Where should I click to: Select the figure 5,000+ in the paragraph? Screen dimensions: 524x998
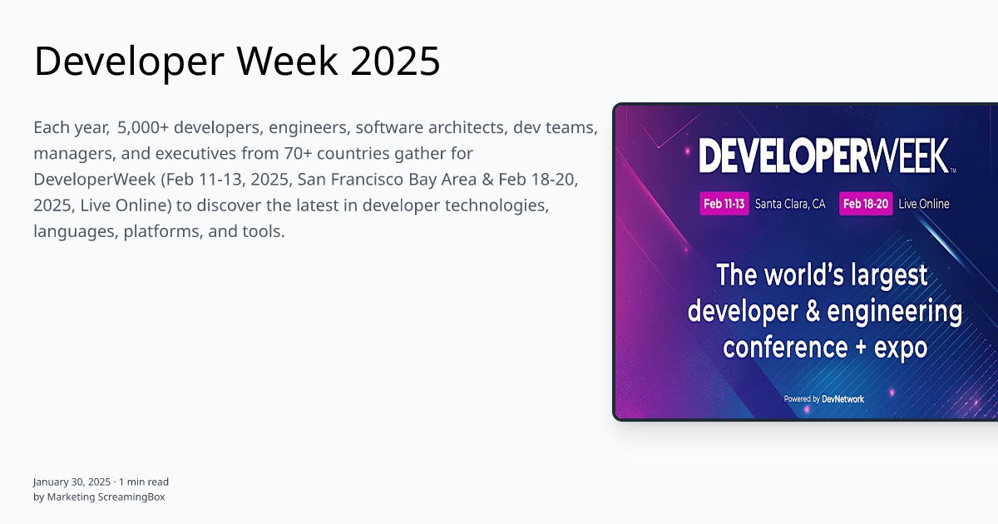[x=143, y=128]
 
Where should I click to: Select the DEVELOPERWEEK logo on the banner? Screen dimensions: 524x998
[x=823, y=156]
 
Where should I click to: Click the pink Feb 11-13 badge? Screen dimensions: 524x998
[x=724, y=204]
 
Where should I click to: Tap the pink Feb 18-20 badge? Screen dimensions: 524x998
[x=866, y=204]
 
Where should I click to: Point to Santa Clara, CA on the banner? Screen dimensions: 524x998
[x=790, y=204]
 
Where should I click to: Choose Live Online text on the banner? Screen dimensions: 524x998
[x=924, y=204]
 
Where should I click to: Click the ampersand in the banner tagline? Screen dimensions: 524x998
[x=812, y=312]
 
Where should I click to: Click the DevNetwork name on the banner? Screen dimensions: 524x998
[x=843, y=399]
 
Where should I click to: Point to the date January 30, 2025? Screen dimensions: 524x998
[x=72, y=482]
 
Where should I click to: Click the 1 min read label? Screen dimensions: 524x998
[x=144, y=482]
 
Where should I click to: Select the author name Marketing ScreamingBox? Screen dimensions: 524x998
[x=106, y=497]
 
